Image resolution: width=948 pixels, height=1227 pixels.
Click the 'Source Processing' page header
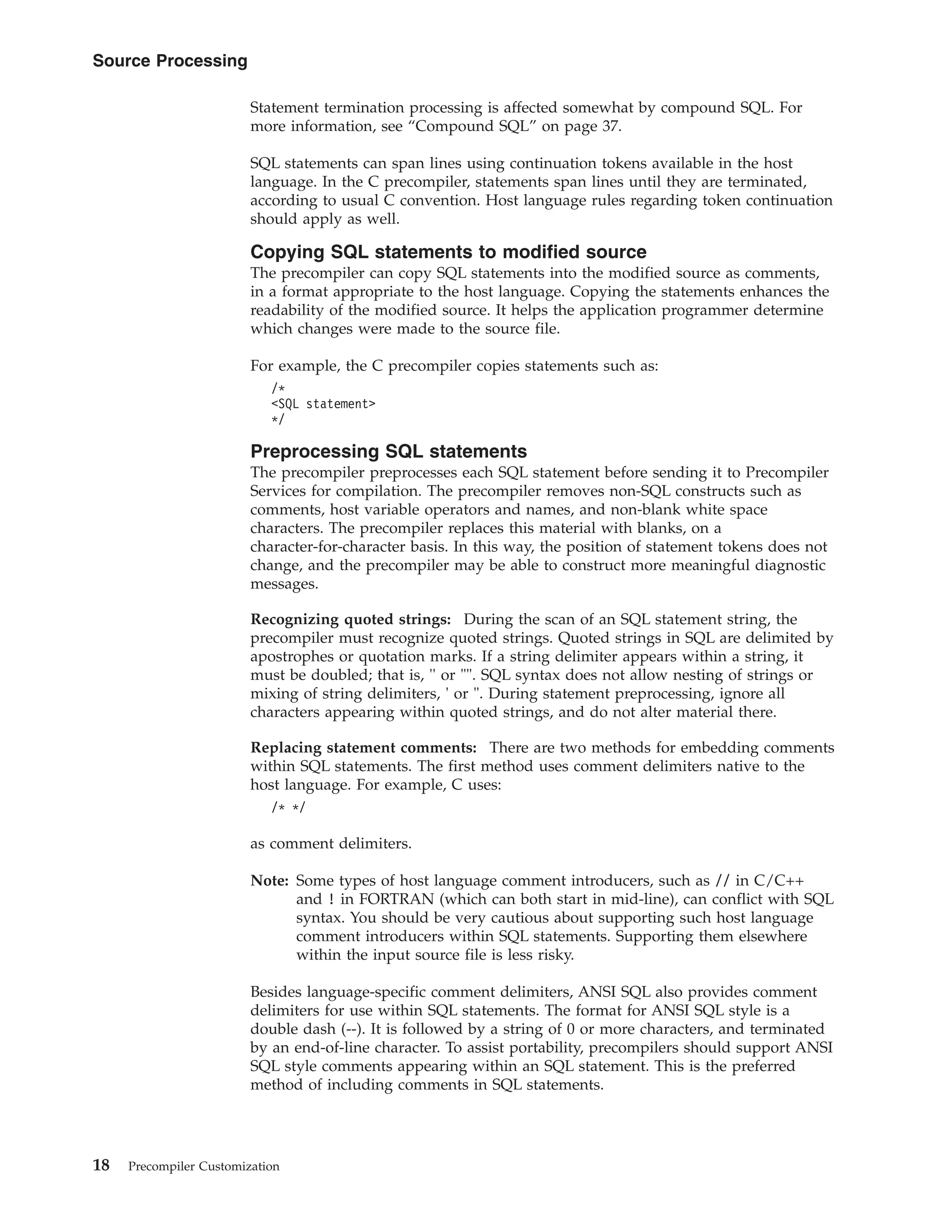(169, 61)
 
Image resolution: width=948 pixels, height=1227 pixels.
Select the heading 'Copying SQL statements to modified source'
(448, 252)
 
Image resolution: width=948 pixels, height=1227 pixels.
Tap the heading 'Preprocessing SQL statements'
(388, 451)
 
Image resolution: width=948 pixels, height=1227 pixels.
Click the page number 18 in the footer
(101, 1165)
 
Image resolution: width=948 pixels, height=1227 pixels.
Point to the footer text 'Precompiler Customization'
(203, 1166)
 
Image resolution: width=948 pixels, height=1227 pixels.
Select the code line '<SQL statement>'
(323, 403)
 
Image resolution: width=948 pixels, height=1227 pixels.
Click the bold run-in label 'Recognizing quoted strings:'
(350, 619)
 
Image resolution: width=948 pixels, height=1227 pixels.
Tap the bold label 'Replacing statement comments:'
(363, 748)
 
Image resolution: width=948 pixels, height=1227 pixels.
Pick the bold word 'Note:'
(269, 881)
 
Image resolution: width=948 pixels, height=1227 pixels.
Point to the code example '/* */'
(289, 808)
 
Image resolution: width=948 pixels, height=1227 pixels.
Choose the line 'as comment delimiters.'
(331, 844)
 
